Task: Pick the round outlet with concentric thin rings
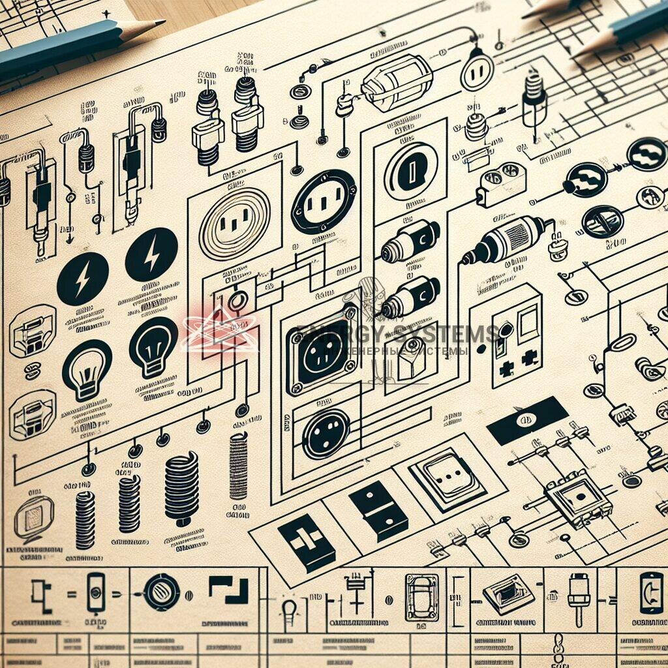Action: click(234, 224)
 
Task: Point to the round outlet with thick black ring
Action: click(323, 202)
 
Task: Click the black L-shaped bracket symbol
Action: click(229, 590)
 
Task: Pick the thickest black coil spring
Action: click(181, 488)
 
